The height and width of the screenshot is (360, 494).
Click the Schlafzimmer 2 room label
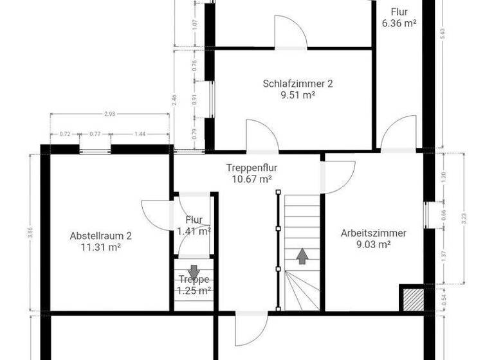[x=298, y=83]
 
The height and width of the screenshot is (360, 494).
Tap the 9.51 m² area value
[x=298, y=94]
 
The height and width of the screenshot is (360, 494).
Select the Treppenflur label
[x=252, y=168]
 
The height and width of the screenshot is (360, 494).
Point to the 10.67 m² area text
[x=252, y=179]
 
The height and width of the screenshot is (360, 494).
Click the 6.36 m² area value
[x=399, y=23]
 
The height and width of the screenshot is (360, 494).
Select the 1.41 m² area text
[x=194, y=231]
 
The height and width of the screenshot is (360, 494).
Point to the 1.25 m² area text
[x=194, y=291]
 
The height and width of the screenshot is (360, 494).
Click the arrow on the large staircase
[x=301, y=256]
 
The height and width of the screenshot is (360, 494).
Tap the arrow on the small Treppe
[x=194, y=270]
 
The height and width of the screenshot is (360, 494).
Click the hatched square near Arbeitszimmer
[x=411, y=298]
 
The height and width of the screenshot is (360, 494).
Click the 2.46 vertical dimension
[x=174, y=100]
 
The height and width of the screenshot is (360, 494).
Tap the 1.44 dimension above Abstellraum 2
[x=140, y=134]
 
